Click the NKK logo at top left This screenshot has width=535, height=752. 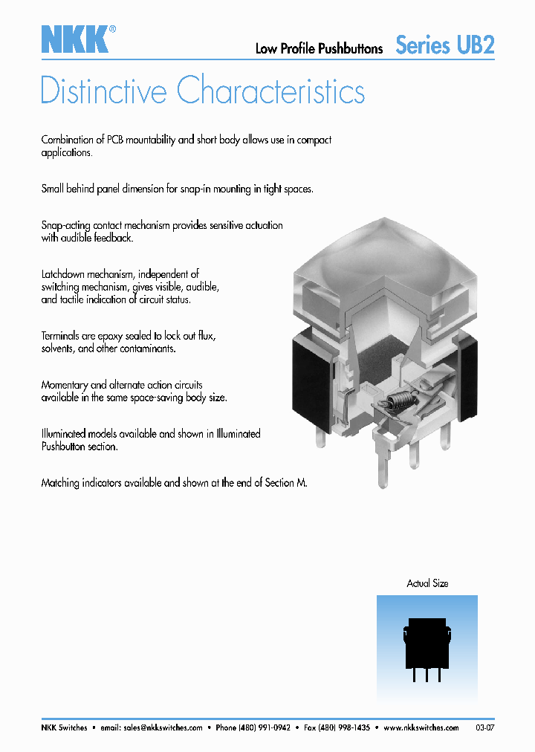[x=76, y=39]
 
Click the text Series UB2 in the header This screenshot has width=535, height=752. [x=444, y=45]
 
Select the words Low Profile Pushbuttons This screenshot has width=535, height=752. [x=319, y=49]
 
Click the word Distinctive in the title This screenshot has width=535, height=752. [x=104, y=91]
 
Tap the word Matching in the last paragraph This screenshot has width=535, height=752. [x=60, y=482]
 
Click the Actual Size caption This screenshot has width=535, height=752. [x=427, y=583]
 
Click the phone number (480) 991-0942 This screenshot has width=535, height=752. [x=263, y=728]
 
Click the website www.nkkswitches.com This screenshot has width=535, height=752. [x=421, y=728]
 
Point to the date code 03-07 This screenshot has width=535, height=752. [x=484, y=728]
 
